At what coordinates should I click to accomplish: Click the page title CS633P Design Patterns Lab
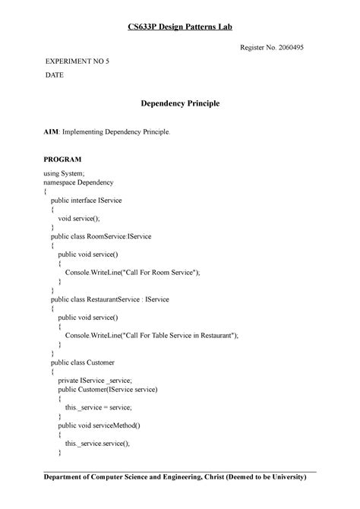(179, 27)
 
